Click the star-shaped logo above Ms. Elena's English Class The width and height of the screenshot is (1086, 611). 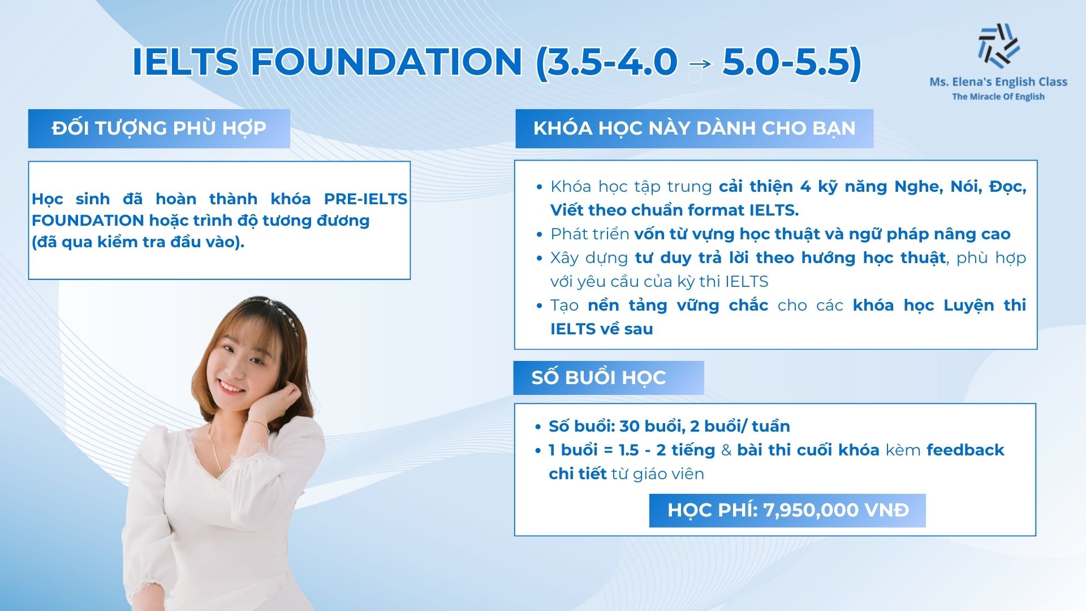coord(998,45)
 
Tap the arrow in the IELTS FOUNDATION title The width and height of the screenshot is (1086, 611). coord(700,63)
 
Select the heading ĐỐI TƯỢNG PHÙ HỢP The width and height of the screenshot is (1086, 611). coord(159,128)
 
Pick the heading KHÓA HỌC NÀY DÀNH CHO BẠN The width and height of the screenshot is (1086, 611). coord(694,128)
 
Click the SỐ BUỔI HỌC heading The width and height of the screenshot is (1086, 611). coord(598,377)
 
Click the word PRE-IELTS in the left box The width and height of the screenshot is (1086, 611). coord(365,199)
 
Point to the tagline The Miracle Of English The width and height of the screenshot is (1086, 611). coord(998,97)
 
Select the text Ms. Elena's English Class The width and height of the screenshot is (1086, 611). coord(998,82)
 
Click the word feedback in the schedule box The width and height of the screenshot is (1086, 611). coord(965,450)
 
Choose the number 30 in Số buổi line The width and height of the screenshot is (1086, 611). coord(629,426)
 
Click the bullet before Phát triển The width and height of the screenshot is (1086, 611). coord(539,234)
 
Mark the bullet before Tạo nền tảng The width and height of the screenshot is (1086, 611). coord(539,305)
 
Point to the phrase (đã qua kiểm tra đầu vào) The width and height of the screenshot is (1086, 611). coord(138,242)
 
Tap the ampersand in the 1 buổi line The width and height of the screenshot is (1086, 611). coord(726,450)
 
